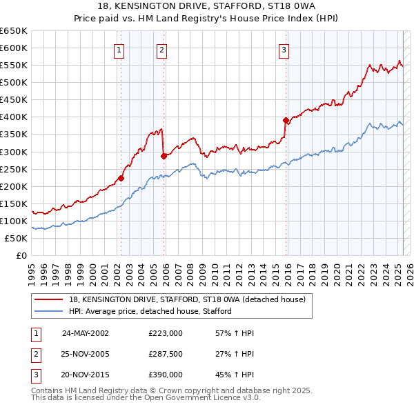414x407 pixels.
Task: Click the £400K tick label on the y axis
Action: tap(14, 117)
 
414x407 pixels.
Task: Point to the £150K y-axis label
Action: tap(14, 203)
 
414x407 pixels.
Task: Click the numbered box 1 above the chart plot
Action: tap(119, 49)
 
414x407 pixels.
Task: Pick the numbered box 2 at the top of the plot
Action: tap(161, 49)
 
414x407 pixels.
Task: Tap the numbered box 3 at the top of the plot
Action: tap(284, 49)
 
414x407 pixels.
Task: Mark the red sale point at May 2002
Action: tap(121, 178)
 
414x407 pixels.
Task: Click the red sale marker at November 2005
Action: tap(164, 156)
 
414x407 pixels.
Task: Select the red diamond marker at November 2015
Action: tap(286, 120)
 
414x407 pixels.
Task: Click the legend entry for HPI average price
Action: tap(150, 311)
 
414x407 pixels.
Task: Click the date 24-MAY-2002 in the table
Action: tap(86, 332)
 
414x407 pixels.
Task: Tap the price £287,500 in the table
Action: tap(166, 354)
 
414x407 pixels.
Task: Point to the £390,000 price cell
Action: tap(166, 375)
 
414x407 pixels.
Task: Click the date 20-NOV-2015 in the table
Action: tap(86, 375)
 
